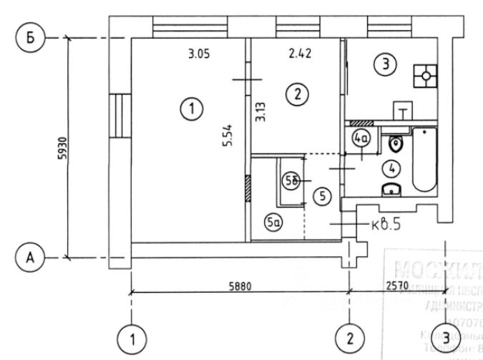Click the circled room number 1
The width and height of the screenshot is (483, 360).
(192, 110)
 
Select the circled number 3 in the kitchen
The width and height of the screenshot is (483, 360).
(386, 65)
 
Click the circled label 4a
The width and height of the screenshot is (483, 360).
(361, 137)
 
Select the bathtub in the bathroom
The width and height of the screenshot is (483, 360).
(424, 159)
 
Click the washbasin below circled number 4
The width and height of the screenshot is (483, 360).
(391, 189)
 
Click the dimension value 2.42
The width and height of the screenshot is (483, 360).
(301, 53)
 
